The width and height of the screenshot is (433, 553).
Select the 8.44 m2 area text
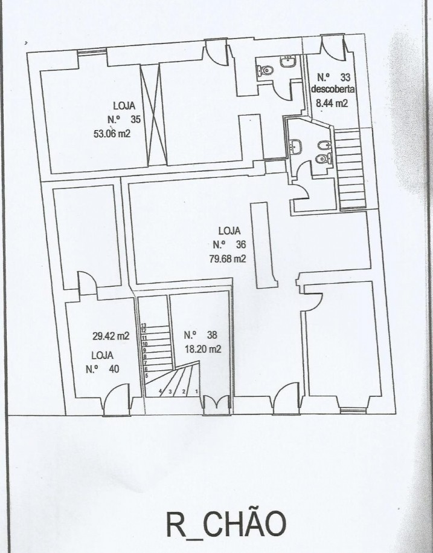tap(332, 103)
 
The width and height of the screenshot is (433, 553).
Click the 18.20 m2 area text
tap(202, 348)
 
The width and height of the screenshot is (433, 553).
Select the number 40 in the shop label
tap(109, 368)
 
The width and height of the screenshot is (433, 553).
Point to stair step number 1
tap(197, 391)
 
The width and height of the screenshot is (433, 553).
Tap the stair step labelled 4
tap(161, 391)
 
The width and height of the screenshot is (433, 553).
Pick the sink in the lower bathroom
tap(296, 146)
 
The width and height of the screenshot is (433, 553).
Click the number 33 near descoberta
tap(345, 77)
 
